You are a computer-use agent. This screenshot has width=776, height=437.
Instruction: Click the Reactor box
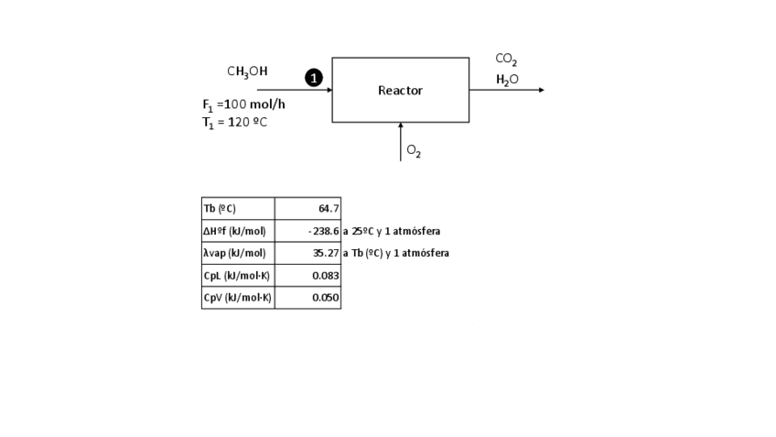(400, 90)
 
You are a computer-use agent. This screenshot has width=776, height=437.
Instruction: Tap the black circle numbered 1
(313, 79)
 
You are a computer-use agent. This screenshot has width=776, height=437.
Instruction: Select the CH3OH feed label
(247, 71)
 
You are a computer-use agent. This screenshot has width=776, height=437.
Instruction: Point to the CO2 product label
(506, 60)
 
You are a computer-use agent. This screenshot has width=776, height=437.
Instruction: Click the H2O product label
(507, 80)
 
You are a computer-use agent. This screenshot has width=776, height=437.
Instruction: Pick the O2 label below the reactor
(414, 152)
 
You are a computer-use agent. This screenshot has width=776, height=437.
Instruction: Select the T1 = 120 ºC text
(234, 123)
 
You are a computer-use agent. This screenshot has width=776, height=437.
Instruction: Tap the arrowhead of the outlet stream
(541, 90)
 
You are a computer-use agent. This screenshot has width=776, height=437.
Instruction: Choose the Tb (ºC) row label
(220, 209)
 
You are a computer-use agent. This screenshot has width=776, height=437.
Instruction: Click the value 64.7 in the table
(329, 209)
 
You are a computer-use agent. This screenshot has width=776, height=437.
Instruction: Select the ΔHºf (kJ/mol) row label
(235, 231)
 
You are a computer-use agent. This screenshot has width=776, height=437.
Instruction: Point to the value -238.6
(324, 231)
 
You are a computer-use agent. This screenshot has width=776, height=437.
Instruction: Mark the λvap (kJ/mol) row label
(235, 253)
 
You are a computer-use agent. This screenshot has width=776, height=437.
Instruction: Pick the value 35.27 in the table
(326, 253)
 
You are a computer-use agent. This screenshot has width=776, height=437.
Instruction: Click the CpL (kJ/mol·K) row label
(236, 276)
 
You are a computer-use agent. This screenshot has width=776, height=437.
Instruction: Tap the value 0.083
(326, 276)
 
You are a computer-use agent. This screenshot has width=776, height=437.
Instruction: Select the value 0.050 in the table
(326, 298)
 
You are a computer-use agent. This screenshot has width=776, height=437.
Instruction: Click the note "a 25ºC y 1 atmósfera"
(392, 231)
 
